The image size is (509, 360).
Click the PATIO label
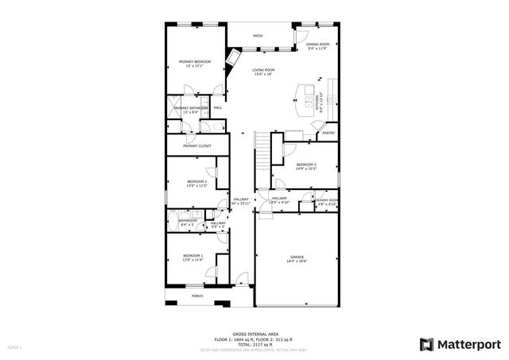pos(258,36)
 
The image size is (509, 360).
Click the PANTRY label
pos(328,134)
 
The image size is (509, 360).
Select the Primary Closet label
pos(196,146)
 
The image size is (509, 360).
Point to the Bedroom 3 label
pos(306,166)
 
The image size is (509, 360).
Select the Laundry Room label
pos(327,202)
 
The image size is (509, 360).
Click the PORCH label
pos(196,296)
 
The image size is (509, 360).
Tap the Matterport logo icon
pos(426,343)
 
